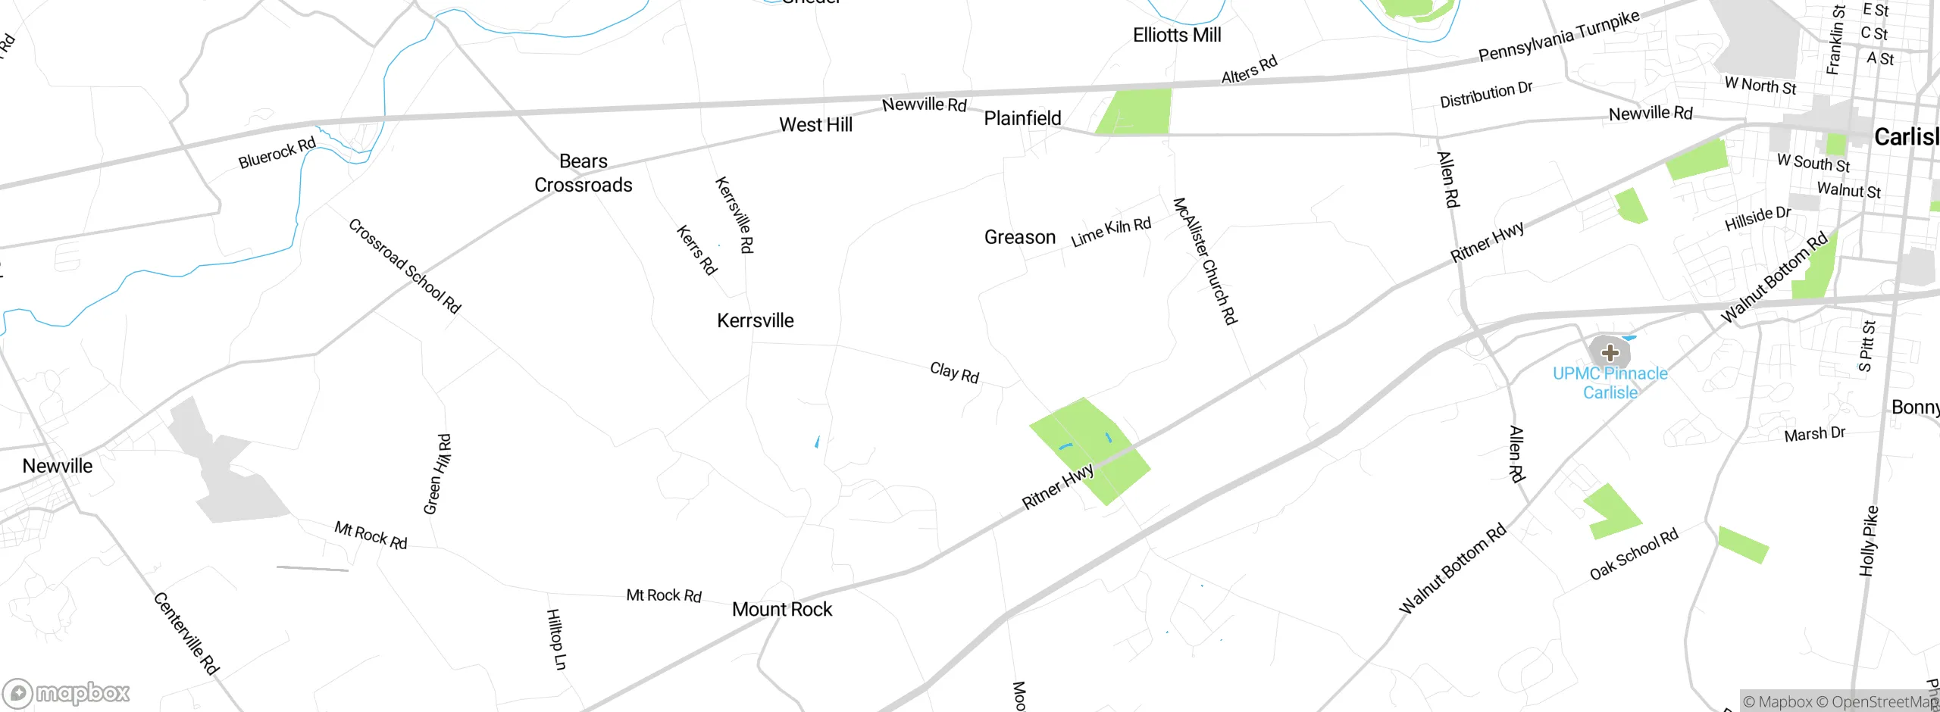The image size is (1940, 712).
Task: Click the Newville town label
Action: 58,466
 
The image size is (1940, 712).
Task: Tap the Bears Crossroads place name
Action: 584,173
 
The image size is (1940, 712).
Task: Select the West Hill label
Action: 815,125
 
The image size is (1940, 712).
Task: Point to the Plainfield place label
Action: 1022,118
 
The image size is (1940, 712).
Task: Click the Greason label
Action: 1019,237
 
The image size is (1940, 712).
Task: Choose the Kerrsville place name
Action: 755,320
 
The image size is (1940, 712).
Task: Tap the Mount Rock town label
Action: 782,609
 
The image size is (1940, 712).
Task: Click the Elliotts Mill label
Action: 1177,35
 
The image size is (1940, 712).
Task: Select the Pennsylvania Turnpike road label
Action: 1559,36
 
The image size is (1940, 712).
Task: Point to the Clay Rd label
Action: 955,372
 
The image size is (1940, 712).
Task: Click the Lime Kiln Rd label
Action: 1111,231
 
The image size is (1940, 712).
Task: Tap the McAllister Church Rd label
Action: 1205,261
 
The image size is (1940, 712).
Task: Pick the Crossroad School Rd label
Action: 405,266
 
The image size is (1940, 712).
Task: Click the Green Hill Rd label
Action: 437,474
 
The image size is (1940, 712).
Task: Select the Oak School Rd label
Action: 1634,554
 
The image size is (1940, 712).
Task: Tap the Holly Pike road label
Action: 1869,541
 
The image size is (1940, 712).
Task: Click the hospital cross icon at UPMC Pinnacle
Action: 1610,352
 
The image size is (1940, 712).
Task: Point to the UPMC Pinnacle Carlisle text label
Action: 1610,383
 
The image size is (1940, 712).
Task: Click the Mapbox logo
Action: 66,693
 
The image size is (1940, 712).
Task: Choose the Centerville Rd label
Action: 186,633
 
